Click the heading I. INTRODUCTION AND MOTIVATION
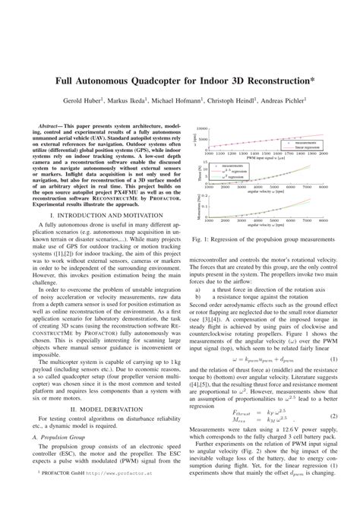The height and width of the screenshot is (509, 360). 96,217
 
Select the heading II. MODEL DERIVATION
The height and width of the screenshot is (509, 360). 96,429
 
